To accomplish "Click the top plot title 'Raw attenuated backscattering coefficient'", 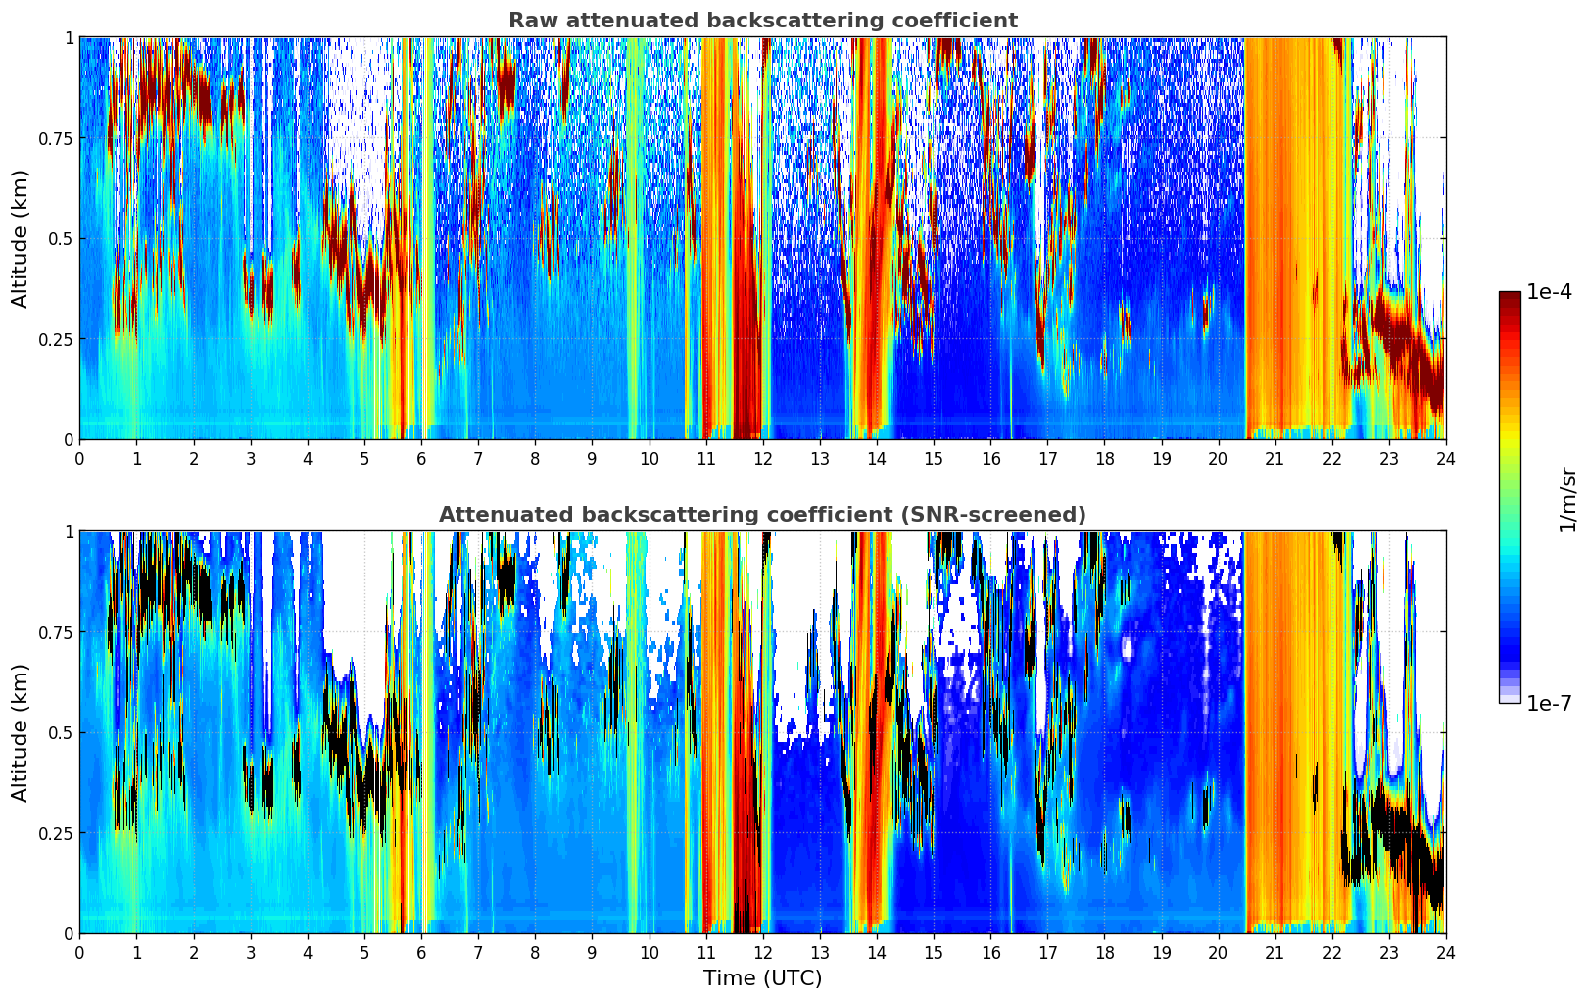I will coord(762,21).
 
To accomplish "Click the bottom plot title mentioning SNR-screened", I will coord(762,515).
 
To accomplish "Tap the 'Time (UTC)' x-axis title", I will coord(762,978).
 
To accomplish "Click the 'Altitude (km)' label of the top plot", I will coord(21,238).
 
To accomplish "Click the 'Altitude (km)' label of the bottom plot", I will coord(21,732).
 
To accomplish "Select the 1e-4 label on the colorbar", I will coord(1549,292).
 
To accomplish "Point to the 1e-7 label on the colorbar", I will coord(1549,703).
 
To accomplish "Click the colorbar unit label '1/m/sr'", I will coord(1567,498).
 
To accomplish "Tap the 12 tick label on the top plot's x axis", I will coord(762,458).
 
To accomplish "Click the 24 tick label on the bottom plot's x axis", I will coord(1445,952).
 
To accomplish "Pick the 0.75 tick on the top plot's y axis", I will coord(55,138).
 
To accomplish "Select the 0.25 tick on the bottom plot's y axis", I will coord(55,833).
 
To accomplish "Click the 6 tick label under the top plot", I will coord(421,458).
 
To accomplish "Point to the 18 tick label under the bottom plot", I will coord(1104,952).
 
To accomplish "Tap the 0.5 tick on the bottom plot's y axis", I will coord(61,732).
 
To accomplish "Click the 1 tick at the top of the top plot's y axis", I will coord(69,37).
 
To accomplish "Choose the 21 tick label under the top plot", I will coord(1275,458).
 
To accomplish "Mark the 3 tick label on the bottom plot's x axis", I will coord(250,952).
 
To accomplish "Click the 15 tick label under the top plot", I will coord(934,458).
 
